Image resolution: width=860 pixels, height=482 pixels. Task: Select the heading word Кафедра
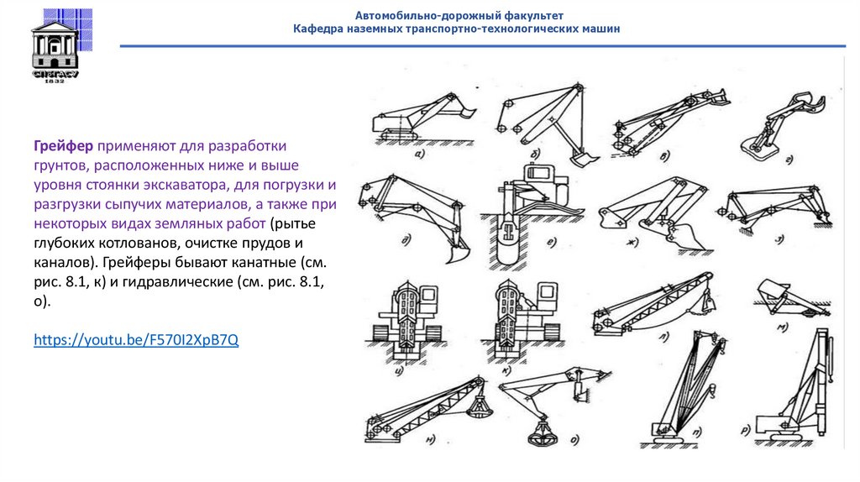pyautogui.click(x=317, y=29)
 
